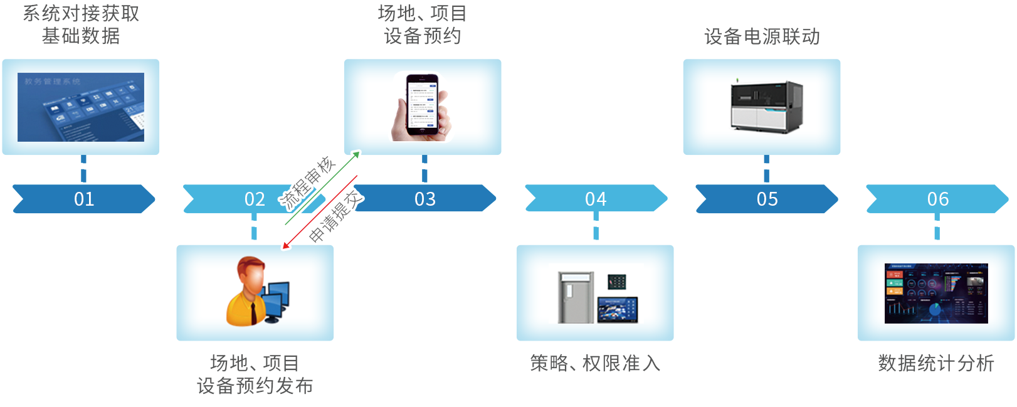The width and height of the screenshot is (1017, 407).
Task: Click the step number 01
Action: pos(84,199)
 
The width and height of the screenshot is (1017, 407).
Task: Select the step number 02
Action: pos(255,199)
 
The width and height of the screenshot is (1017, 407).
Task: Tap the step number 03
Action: pos(425,199)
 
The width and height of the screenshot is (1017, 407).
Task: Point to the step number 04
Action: pos(596,199)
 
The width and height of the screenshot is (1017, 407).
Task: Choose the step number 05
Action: pos(767,199)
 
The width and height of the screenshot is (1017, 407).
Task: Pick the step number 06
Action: pos(937,199)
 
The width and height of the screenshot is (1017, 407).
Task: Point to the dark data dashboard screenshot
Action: pos(935,293)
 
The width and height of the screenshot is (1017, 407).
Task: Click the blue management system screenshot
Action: pos(81,107)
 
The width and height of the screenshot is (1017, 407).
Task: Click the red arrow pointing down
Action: pos(319,213)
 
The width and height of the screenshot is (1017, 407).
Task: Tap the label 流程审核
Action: pos(307,183)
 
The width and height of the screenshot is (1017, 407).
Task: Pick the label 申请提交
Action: pos(336,216)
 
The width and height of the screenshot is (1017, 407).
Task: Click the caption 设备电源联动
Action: pos(762,37)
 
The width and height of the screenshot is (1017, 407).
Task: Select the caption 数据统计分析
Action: pos(935,363)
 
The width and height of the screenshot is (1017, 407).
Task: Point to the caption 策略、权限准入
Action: pos(595,363)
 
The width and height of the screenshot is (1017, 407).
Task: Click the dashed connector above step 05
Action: pos(766,169)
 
